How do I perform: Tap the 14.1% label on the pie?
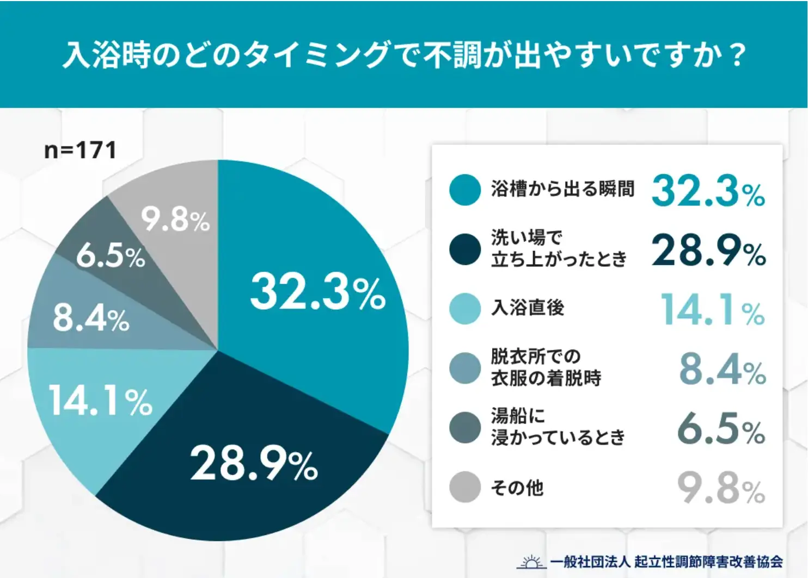(100, 402)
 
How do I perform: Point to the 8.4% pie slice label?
(91, 318)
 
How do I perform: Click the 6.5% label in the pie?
(111, 255)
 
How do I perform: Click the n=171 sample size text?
(80, 150)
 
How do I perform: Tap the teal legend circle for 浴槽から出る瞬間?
(465, 190)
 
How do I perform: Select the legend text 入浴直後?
(528, 308)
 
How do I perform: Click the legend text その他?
(517, 488)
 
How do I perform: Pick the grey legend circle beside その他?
(465, 487)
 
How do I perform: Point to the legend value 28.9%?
(708, 250)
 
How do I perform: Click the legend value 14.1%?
(712, 310)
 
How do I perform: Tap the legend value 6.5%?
(721, 429)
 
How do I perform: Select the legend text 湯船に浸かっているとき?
(558, 427)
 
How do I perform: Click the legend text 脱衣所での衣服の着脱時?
(546, 367)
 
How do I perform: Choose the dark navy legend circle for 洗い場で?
(465, 249)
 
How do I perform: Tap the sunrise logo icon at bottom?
(531, 562)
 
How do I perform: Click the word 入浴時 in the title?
(106, 55)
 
